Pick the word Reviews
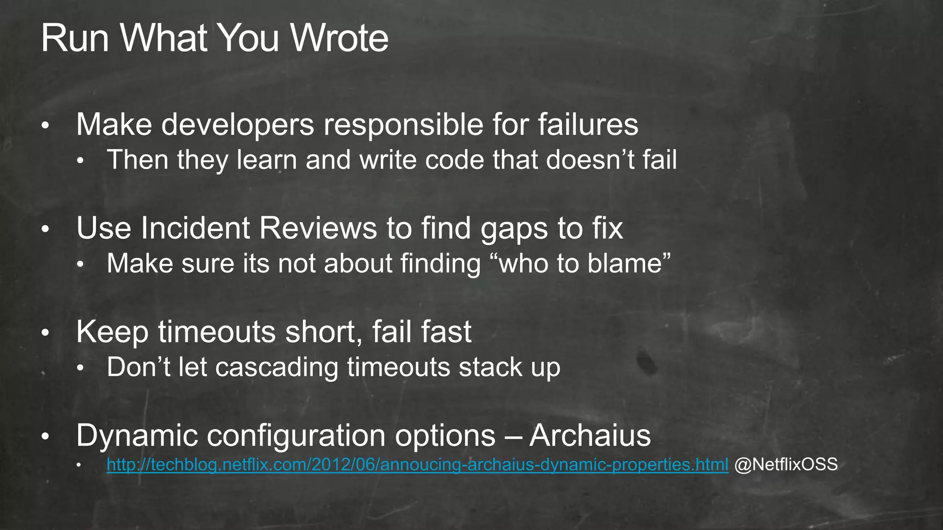click(x=318, y=228)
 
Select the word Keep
click(x=112, y=332)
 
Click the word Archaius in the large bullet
click(x=590, y=435)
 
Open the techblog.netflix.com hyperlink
click(x=417, y=465)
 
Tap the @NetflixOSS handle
click(x=786, y=464)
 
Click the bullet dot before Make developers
click(x=45, y=126)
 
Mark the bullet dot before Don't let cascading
click(x=80, y=368)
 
